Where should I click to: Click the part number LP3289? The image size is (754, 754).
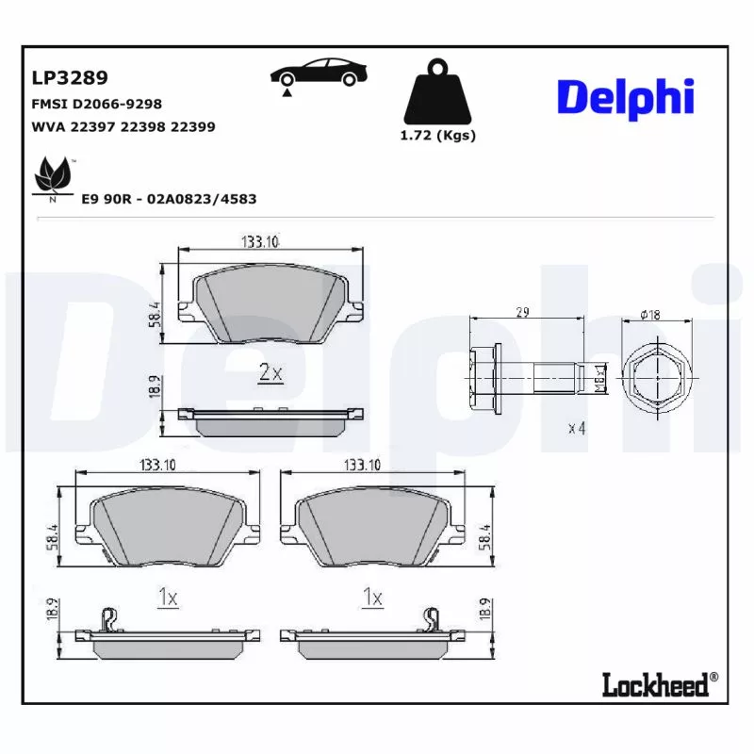71,77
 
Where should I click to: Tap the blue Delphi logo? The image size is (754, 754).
625,98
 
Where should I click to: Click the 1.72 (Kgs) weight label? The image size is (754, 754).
438,136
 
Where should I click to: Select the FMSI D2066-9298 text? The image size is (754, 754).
97,103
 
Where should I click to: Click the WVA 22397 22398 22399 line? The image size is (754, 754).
123,126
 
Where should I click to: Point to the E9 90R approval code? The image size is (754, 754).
169,200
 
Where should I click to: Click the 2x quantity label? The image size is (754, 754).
270,373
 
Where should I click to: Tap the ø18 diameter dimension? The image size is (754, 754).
649,314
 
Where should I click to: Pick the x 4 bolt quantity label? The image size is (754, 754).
577,428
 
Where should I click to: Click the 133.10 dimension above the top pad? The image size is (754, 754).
260,242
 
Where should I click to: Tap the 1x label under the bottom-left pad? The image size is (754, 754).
167,598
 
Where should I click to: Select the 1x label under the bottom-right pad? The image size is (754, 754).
372,598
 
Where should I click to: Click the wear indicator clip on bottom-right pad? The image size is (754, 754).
433,619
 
